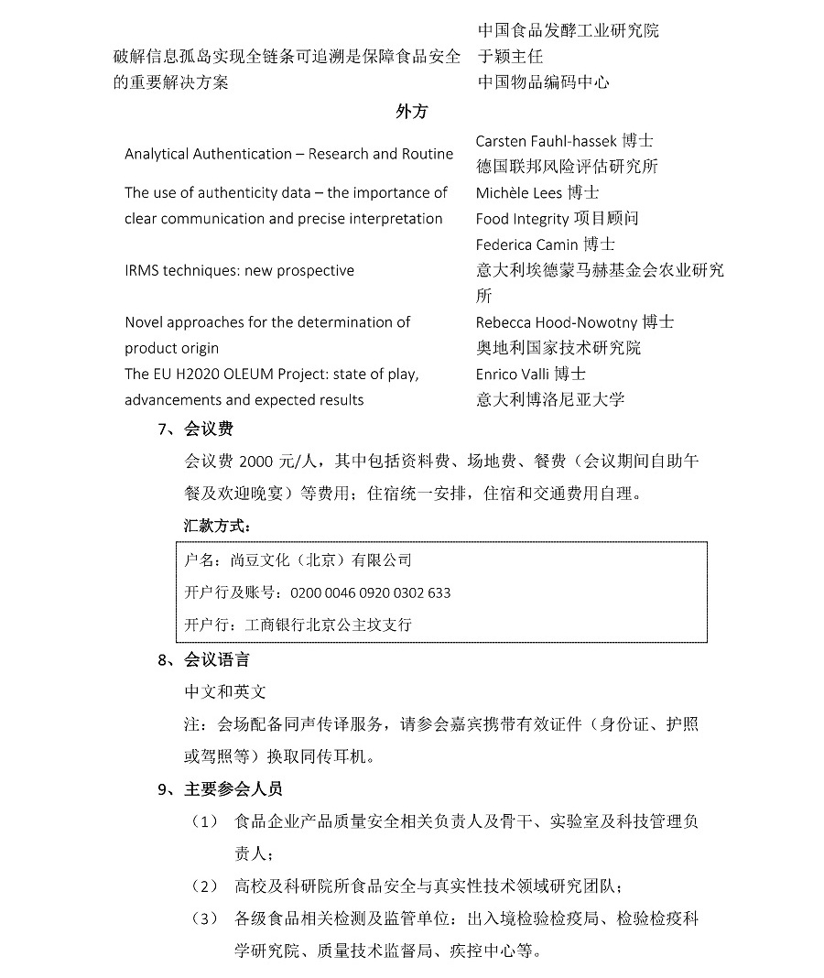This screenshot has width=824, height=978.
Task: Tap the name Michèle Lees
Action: point(518,192)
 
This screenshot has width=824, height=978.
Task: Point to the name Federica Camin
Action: point(526,244)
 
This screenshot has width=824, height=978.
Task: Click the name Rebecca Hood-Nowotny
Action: point(557,322)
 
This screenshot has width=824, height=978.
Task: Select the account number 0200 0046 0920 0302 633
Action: point(370,592)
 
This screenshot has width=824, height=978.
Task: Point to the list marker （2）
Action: point(204,886)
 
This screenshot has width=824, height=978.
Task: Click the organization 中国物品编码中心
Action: point(543,82)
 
